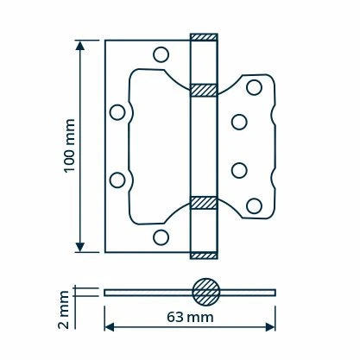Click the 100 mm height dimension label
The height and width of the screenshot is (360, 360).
(69, 146)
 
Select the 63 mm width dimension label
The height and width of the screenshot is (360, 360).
(190, 317)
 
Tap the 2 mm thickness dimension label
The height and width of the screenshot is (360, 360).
(64, 310)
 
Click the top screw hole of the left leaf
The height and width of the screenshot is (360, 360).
(161, 54)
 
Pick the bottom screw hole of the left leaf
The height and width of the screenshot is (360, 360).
(161, 237)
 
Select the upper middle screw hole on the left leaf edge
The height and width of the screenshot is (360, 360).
(117, 112)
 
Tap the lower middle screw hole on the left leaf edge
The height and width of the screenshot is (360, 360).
(117, 180)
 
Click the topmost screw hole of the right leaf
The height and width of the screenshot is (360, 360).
(254, 87)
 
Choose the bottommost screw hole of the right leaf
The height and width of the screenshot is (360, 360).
(254, 206)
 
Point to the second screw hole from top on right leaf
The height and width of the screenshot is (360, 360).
(239, 122)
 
